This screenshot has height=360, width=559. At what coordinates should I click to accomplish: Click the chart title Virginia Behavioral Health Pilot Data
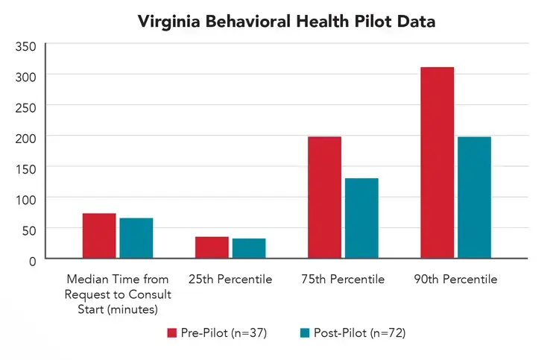[286, 22]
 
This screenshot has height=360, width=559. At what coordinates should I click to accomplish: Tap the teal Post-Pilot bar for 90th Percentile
[474, 198]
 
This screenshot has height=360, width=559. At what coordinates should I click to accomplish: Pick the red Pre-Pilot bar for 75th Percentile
[324, 198]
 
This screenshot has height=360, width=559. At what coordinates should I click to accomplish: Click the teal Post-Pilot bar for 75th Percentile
[361, 218]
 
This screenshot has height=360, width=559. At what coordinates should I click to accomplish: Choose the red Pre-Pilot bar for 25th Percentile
[212, 247]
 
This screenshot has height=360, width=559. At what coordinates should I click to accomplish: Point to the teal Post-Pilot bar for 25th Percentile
[249, 248]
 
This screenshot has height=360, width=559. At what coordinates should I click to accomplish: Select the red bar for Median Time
[99, 236]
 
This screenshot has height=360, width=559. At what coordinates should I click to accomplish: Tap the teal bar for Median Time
[136, 238]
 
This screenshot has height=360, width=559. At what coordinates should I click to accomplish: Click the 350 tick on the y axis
[26, 46]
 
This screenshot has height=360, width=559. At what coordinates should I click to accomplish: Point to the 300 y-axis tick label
[26, 76]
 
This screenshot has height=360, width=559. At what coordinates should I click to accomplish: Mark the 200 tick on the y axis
[26, 137]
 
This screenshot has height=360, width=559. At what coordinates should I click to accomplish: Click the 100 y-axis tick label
[26, 198]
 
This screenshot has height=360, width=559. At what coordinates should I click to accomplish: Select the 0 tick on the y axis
[31, 260]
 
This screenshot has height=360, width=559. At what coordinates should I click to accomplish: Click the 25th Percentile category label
[230, 280]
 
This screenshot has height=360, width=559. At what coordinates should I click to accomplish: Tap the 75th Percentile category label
[343, 280]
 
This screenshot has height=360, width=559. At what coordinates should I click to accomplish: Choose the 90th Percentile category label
[455, 280]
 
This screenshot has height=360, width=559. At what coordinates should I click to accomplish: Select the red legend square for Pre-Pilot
[170, 332]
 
